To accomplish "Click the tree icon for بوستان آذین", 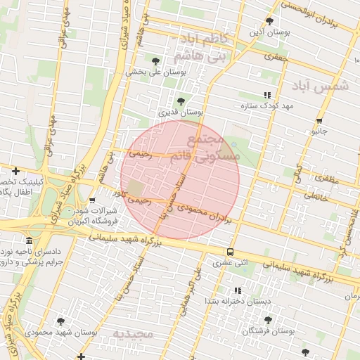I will pos(269,21).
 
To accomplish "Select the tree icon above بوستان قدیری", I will pos(181,101).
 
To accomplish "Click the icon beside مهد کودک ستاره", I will pos(266,95).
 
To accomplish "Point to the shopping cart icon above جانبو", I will pos(320,121).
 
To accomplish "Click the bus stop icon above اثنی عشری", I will pos(230,252).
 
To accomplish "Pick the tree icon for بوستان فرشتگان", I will pos(268,320).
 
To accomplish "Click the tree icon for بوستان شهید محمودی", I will pos(60,321).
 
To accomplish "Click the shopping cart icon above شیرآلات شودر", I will pos(92,200).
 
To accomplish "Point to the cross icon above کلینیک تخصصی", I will pos(15,170).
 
